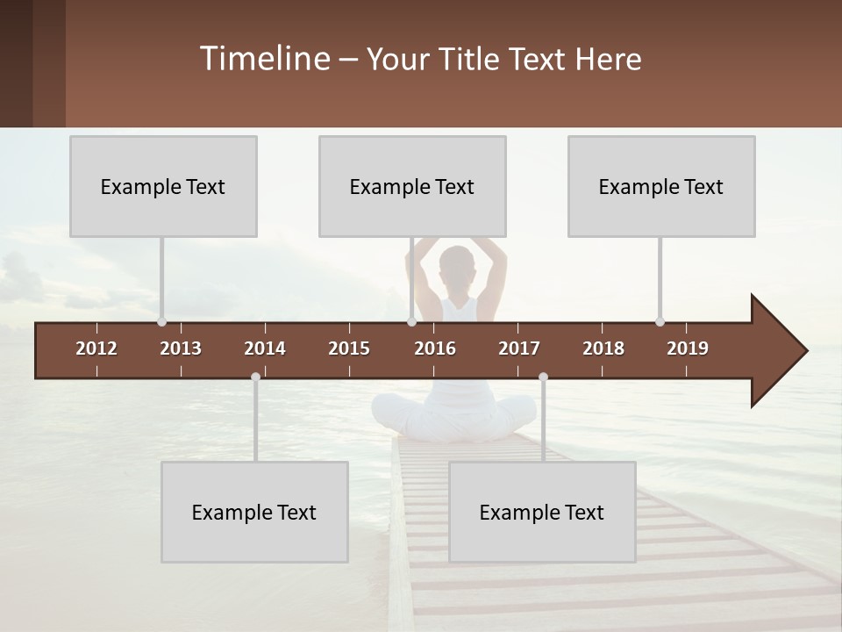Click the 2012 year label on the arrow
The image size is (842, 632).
(96, 348)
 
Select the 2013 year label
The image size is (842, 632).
(181, 348)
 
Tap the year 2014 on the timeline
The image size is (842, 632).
(265, 348)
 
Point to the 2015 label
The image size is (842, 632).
(349, 348)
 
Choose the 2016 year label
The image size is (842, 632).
(435, 348)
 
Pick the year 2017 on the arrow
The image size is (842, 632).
(519, 348)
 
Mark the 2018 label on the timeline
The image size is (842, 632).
(603, 348)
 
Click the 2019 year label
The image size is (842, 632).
(688, 348)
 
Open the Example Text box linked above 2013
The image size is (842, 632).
(163, 186)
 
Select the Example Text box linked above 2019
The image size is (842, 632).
(661, 186)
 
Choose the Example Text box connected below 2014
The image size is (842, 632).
(254, 512)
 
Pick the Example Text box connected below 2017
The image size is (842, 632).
(542, 512)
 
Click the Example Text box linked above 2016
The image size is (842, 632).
(412, 186)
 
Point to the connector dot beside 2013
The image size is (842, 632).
(161, 322)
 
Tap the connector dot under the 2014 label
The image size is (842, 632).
(255, 377)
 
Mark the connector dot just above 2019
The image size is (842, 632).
(660, 322)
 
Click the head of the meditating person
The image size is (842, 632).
(456, 265)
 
